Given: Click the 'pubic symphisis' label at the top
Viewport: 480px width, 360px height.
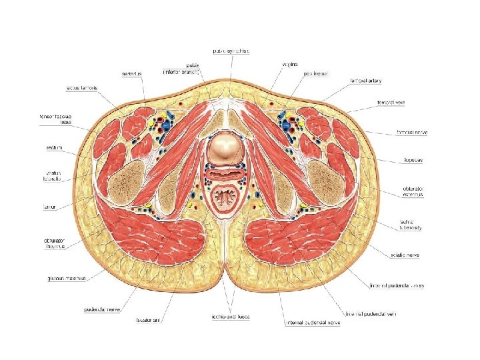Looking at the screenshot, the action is pos(231,51).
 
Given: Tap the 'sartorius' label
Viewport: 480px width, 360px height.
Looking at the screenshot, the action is pos(131,73).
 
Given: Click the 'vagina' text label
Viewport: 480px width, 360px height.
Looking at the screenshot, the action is pos(288,64).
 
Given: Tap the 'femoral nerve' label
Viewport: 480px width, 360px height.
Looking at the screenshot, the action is pos(412,132).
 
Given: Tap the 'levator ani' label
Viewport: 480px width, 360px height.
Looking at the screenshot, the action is pos(148,321).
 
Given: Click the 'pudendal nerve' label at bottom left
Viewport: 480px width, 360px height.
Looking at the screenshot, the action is pos(101,309).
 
